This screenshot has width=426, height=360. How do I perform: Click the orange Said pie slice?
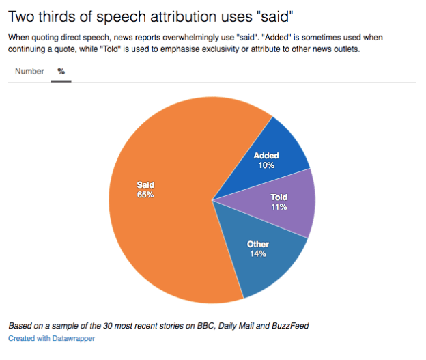tap(157, 225)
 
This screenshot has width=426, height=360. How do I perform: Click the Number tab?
tap(29, 72)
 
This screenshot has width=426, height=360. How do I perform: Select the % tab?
tap(61, 72)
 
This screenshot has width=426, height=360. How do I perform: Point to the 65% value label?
tap(145, 195)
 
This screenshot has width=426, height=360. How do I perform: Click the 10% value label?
tap(266, 165)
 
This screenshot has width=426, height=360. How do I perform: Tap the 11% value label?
tap(279, 207)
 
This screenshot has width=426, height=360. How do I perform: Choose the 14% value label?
tap(257, 253)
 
